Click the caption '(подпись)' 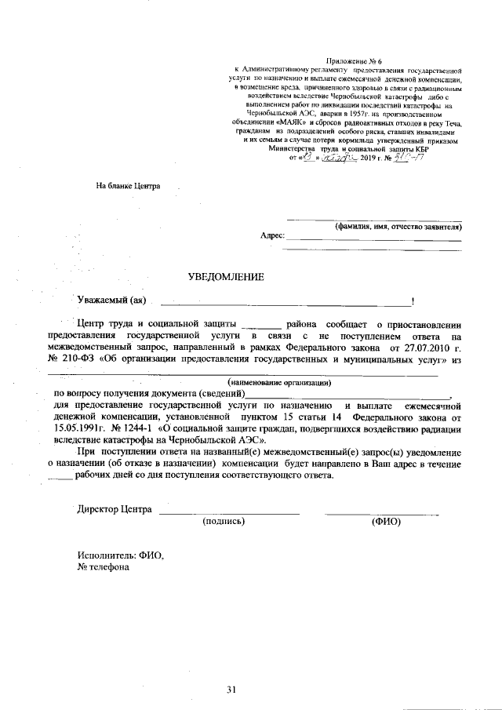tap(224, 521)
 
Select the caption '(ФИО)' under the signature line tap(386, 521)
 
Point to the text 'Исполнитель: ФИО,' tap(120, 555)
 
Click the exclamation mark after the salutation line tap(413, 301)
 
